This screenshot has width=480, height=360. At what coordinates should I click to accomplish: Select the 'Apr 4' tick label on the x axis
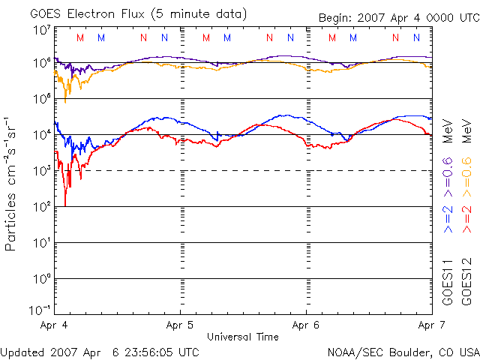tap(54, 326)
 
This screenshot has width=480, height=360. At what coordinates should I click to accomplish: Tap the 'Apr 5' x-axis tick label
tap(180, 326)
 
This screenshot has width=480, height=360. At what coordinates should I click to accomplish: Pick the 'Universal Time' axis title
tap(242, 337)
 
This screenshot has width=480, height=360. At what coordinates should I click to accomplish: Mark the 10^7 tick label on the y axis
tap(41, 31)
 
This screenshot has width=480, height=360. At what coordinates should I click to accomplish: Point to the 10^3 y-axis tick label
tap(41, 171)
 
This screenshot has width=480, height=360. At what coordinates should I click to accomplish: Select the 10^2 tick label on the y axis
tap(41, 207)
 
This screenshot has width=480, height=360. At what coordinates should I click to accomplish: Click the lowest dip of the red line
tap(65, 205)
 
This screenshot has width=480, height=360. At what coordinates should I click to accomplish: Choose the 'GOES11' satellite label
tap(448, 281)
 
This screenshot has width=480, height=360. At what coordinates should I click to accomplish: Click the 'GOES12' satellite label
tap(466, 281)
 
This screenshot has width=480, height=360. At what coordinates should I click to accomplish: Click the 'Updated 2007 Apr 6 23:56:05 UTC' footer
tap(100, 351)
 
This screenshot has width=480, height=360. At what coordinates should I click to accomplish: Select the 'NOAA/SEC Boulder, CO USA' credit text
tap(403, 351)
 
